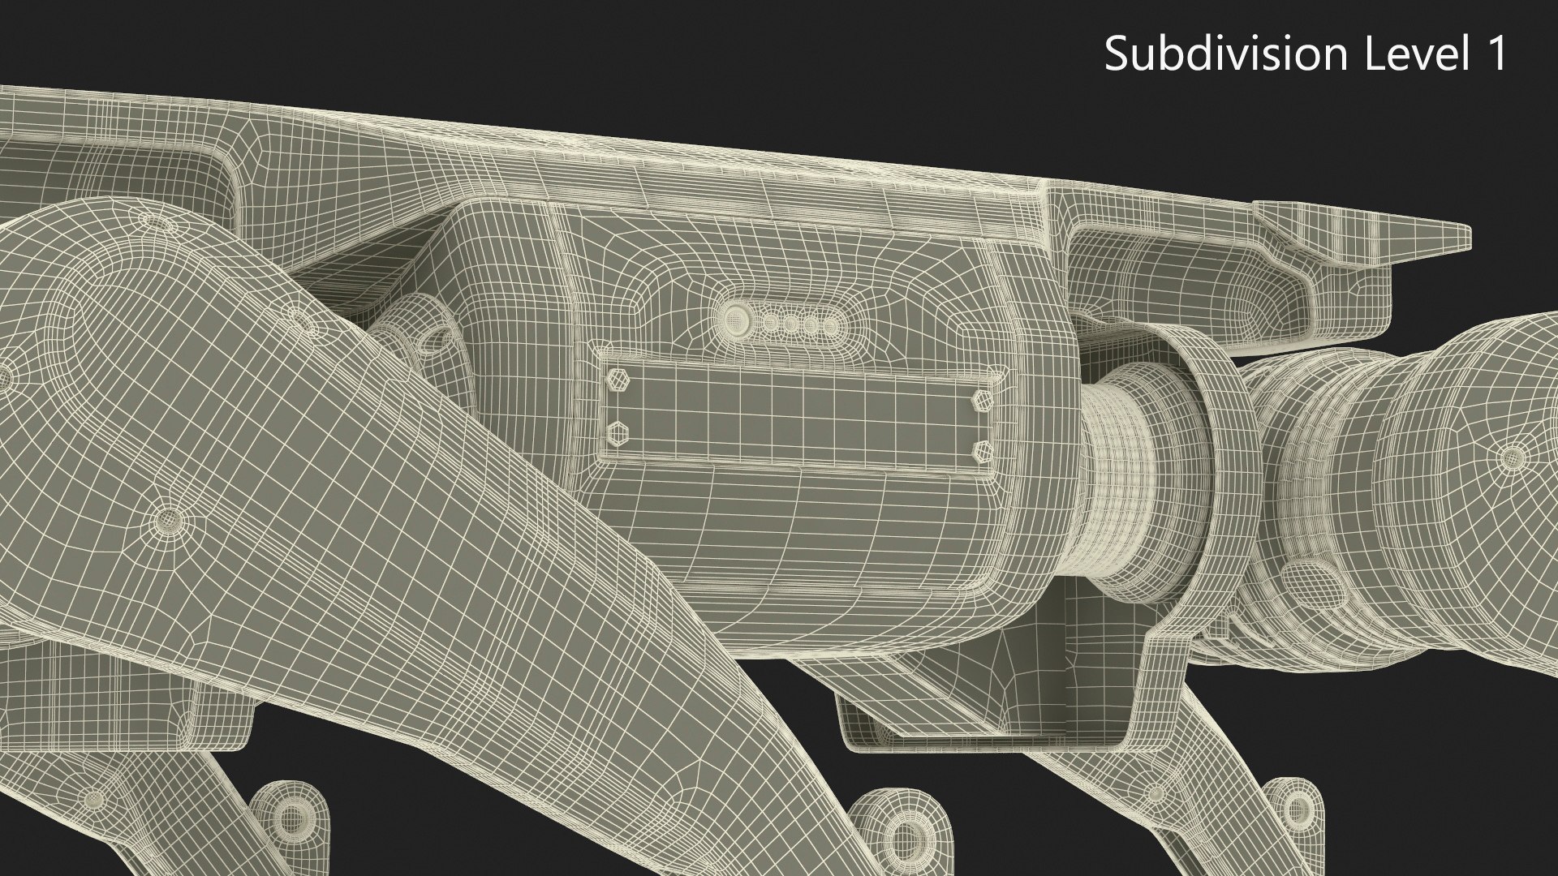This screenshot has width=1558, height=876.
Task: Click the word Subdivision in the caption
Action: [1224, 54]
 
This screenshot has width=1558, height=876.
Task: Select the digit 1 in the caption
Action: [1495, 54]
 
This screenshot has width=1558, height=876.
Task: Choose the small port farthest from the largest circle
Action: [829, 326]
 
